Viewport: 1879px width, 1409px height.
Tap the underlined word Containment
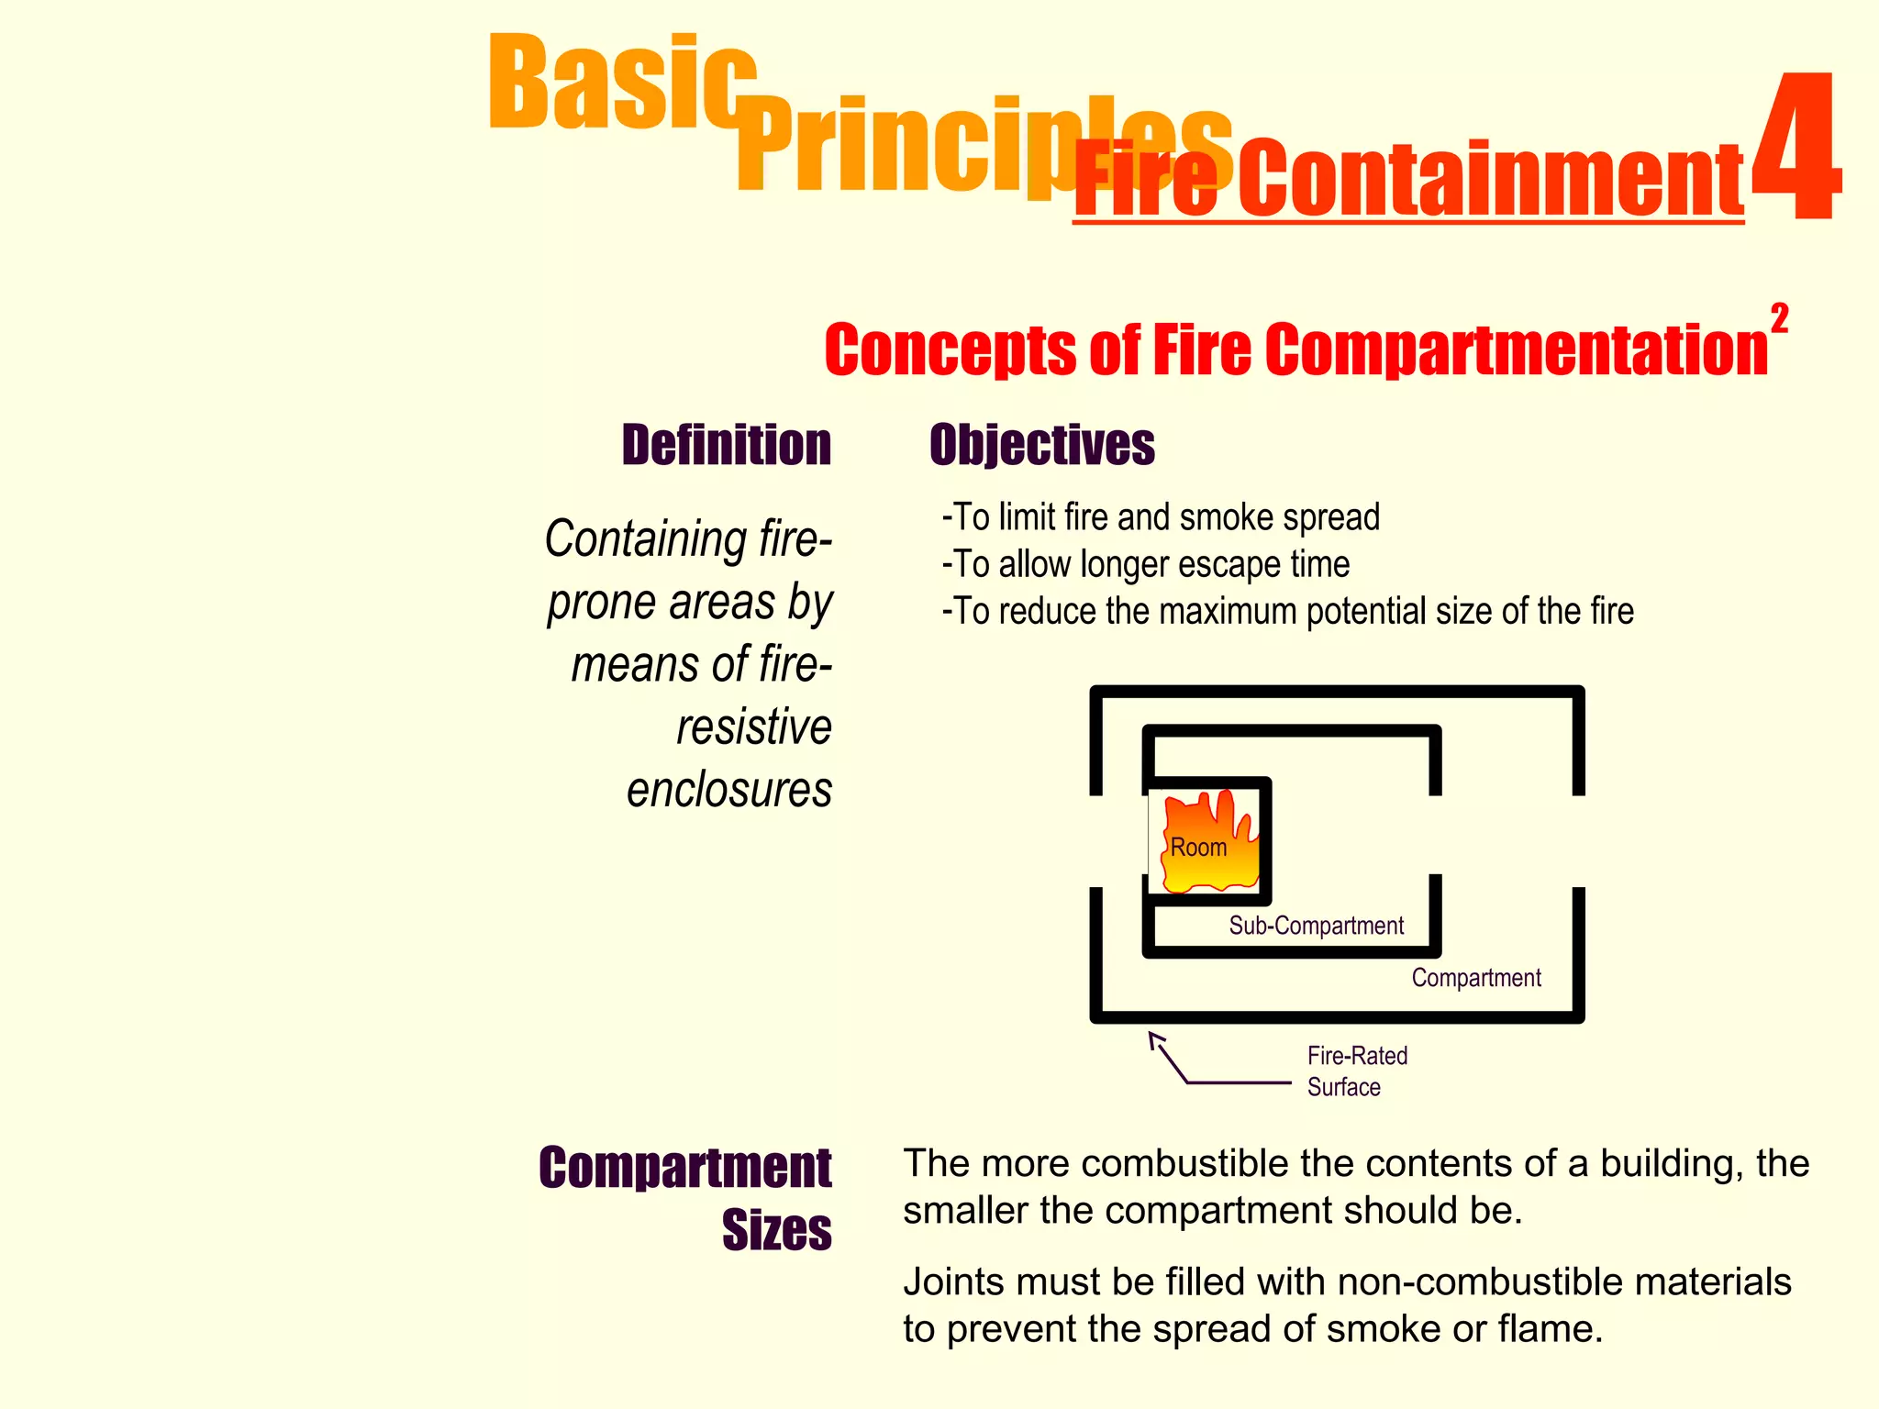click(x=1490, y=180)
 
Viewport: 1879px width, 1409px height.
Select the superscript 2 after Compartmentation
click(x=1779, y=319)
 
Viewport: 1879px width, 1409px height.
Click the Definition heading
click(x=726, y=445)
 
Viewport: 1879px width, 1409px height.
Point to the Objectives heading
click(x=1041, y=445)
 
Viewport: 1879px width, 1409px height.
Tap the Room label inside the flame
click(x=1198, y=848)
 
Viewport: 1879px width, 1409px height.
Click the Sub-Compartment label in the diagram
click(x=1316, y=926)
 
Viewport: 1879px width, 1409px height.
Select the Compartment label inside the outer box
click(x=1475, y=978)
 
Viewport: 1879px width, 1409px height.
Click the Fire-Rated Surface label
click(x=1356, y=1071)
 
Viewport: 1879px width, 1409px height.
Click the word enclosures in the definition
click(x=729, y=790)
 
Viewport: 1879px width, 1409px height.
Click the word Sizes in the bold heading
click(x=776, y=1230)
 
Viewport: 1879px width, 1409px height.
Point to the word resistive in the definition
click(x=754, y=727)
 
